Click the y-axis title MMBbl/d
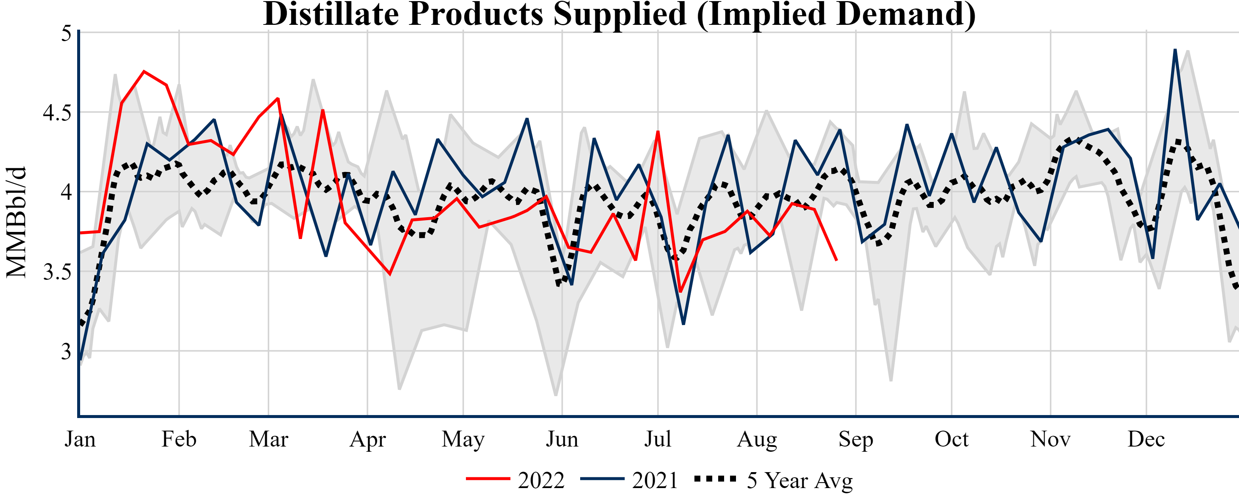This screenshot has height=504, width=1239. pyautogui.click(x=16, y=222)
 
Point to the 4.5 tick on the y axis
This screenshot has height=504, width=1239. pyautogui.click(x=57, y=113)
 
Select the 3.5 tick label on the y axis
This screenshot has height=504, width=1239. pyautogui.click(x=57, y=272)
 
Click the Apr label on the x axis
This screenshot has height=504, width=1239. pyautogui.click(x=368, y=439)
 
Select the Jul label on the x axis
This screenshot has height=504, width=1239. pyautogui.click(x=657, y=439)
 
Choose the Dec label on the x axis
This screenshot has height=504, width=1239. pyautogui.click(x=1146, y=439)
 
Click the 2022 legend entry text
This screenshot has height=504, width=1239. pyautogui.click(x=541, y=480)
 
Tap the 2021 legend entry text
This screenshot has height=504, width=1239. pyautogui.click(x=655, y=480)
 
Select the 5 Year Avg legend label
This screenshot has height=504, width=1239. pyautogui.click(x=799, y=480)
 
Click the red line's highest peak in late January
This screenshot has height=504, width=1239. pyautogui.click(x=144, y=72)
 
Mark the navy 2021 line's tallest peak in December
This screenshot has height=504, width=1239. pyautogui.click(x=1175, y=50)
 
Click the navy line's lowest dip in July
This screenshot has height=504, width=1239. pyautogui.click(x=683, y=324)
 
